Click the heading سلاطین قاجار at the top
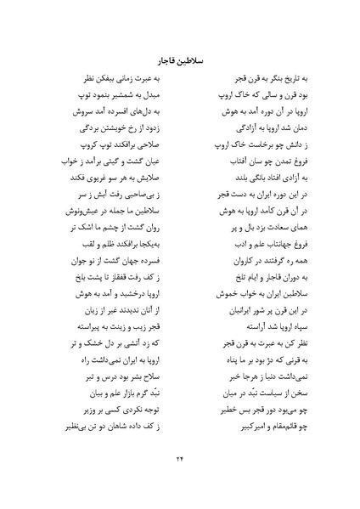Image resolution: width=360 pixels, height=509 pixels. click(x=179, y=60)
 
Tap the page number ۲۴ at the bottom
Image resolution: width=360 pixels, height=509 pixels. click(x=179, y=456)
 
